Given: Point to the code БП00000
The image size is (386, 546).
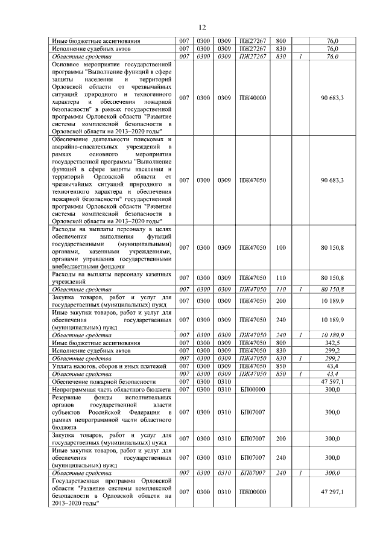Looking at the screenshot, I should click(253, 390).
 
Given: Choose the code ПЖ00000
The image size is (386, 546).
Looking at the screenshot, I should click(253, 492).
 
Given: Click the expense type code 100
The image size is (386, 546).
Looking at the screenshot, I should click(280, 247).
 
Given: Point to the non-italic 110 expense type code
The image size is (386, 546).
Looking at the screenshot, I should click(280, 278).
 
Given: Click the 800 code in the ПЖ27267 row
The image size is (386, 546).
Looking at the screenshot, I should click(280, 40).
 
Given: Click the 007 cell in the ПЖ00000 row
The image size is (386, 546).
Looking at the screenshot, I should click(185, 492).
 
